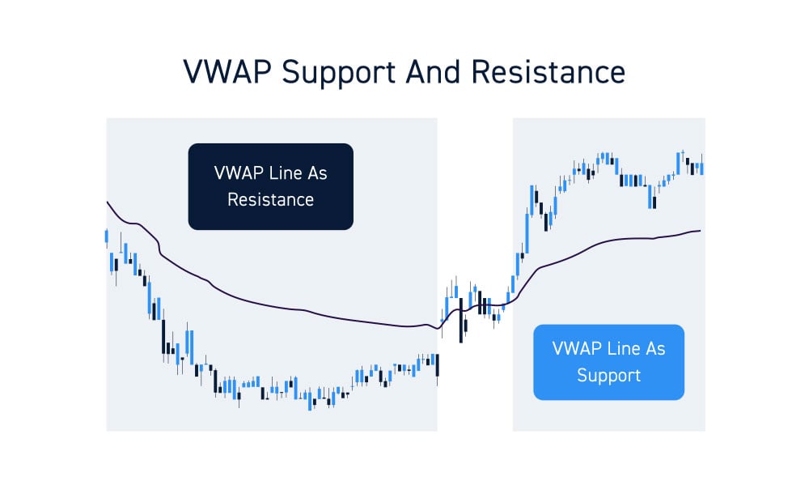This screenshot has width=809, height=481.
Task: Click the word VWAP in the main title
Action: click(224, 72)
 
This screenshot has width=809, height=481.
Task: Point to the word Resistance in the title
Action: click(548, 72)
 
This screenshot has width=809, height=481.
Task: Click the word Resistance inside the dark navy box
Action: click(270, 199)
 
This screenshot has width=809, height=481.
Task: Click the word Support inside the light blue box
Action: click(608, 376)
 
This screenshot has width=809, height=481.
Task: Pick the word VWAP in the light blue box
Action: click(577, 349)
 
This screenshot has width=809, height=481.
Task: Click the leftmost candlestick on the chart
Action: click(107, 236)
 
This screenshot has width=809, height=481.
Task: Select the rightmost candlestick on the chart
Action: click(701, 168)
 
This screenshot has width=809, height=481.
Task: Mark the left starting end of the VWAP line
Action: click(108, 202)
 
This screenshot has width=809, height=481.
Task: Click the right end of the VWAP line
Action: click(699, 231)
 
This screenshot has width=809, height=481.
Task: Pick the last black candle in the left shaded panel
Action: click(437, 365)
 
